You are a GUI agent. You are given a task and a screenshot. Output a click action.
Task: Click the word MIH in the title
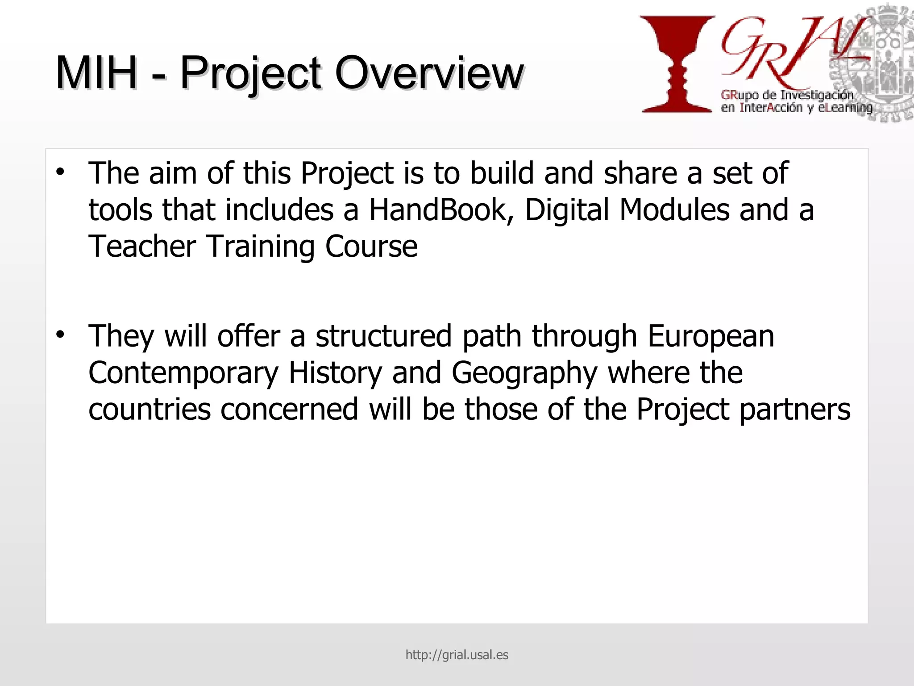pos(96,72)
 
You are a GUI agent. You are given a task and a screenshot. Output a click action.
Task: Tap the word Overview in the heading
pos(429,72)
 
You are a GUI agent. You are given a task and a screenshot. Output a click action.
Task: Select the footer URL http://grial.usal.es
pos(457,655)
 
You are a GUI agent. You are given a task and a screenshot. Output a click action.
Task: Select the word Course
pos(371,247)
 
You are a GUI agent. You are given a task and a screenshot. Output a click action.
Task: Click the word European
pos(710,337)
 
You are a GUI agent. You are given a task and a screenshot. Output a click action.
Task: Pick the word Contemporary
pos(183,373)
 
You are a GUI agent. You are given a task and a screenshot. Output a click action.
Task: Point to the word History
pos(335,373)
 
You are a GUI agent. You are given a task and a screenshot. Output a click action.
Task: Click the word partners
pos(795,410)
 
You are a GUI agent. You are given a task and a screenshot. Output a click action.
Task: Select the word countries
pos(150,410)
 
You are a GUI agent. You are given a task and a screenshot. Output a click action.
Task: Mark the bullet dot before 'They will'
pos(60,334)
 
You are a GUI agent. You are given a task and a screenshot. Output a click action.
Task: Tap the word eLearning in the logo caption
pos(845,108)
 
